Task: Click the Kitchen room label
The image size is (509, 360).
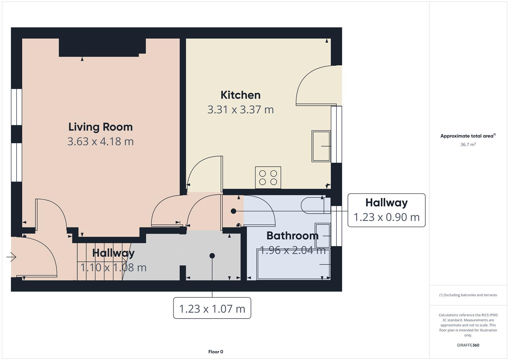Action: (240, 95)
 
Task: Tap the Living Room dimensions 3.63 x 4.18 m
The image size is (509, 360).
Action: (100, 141)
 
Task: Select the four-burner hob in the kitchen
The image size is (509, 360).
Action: (268, 178)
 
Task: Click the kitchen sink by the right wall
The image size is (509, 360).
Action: (321, 146)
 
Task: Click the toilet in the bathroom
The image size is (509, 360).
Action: (313, 205)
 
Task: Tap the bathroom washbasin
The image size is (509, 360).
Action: (322, 235)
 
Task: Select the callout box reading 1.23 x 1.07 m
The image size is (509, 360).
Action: (212, 308)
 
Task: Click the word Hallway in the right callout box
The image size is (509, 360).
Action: (386, 203)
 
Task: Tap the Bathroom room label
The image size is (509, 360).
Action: (292, 236)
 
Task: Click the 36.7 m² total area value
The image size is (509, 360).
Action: (468, 145)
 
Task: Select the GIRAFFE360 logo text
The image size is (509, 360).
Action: (468, 345)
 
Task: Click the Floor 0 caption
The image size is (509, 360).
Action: (215, 352)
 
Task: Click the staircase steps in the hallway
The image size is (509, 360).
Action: (100, 262)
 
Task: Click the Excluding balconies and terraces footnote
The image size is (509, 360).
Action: (468, 295)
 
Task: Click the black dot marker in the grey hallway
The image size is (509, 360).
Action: (212, 256)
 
